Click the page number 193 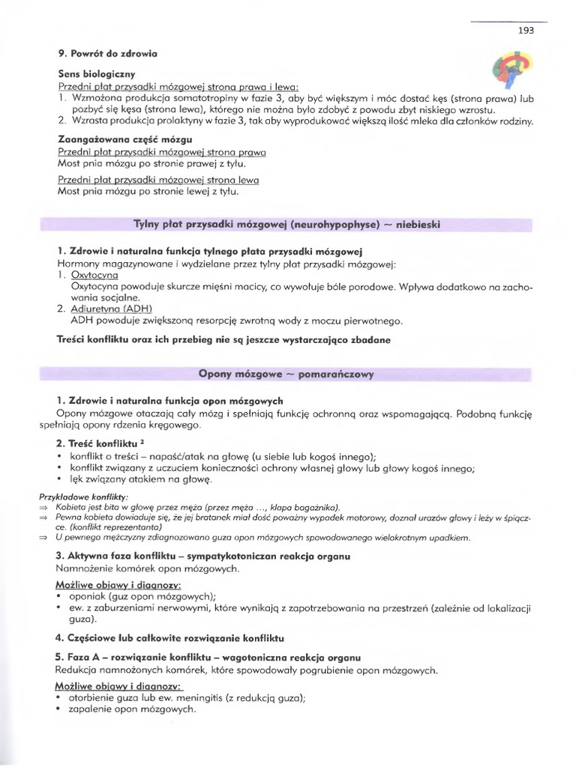[x=526, y=31]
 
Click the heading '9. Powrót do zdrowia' [x=108, y=53]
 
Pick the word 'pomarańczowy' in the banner [x=335, y=373]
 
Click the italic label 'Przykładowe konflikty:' [x=83, y=497]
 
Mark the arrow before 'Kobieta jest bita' [x=43, y=507]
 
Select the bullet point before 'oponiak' [x=59, y=596]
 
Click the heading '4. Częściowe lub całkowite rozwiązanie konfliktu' [x=169, y=638]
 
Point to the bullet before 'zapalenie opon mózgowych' [x=59, y=709]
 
